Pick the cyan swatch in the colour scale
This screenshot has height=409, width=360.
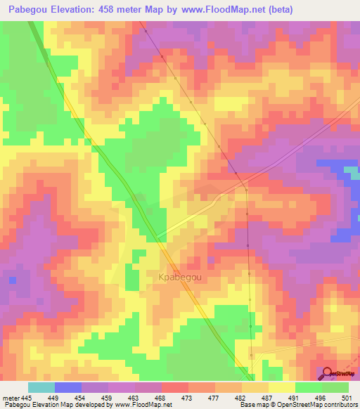[41, 387]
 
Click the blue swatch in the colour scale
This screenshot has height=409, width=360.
[67, 387]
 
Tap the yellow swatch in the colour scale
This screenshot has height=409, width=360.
[281, 387]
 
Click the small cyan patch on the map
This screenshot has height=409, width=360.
[351, 172]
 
